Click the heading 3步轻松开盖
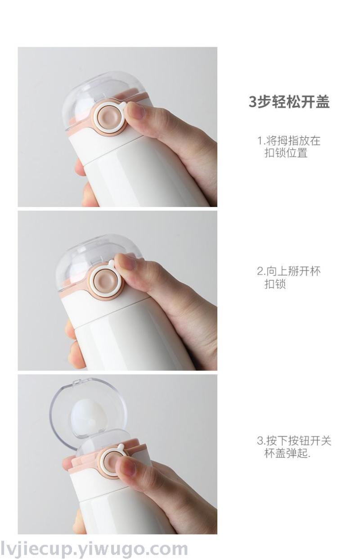288,102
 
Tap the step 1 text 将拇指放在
293,141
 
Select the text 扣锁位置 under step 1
286,153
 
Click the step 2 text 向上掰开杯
293,271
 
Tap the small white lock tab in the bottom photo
121,446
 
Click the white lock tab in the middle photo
112,263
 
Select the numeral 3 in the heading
252,102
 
